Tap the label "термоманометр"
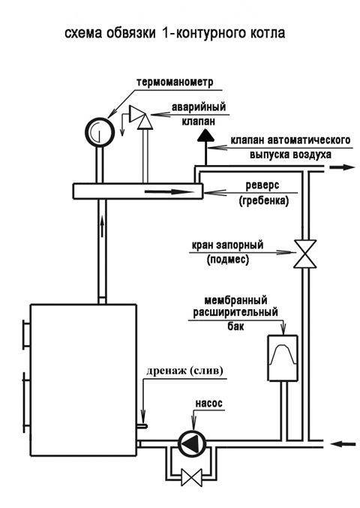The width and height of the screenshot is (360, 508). (x=175, y=82)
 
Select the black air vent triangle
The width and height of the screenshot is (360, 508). (x=205, y=135)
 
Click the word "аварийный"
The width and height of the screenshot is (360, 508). (x=198, y=107)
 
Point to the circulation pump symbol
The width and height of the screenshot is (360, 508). (x=193, y=443)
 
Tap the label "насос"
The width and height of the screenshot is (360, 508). (x=208, y=403)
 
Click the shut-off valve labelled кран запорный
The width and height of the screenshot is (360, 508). (x=304, y=254)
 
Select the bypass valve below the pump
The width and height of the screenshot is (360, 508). (x=191, y=478)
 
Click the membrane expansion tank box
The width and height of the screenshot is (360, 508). (x=283, y=359)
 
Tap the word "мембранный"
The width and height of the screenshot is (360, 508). (x=235, y=300)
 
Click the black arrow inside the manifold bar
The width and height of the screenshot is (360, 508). (x=168, y=192)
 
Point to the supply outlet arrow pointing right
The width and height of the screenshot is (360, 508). (x=343, y=167)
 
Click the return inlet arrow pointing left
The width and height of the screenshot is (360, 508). (x=343, y=443)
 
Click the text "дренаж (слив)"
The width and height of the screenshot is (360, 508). (x=184, y=371)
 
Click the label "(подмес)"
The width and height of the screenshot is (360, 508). (x=228, y=260)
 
